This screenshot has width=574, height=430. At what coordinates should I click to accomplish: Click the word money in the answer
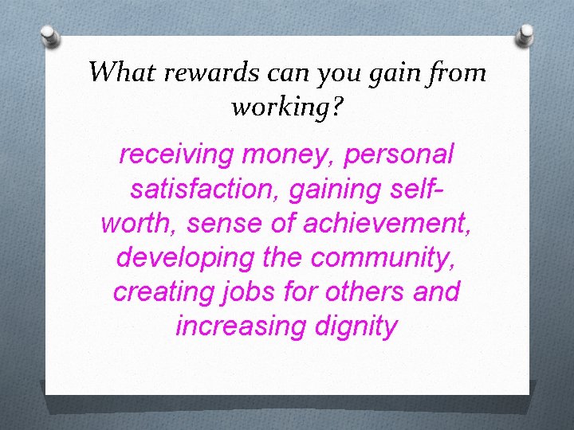pyautogui.click(x=293, y=154)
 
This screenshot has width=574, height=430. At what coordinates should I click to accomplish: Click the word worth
pyautogui.click(x=139, y=224)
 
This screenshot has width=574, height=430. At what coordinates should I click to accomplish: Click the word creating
pyautogui.click(x=160, y=292)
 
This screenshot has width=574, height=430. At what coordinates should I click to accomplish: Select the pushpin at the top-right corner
pyautogui.click(x=525, y=34)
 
